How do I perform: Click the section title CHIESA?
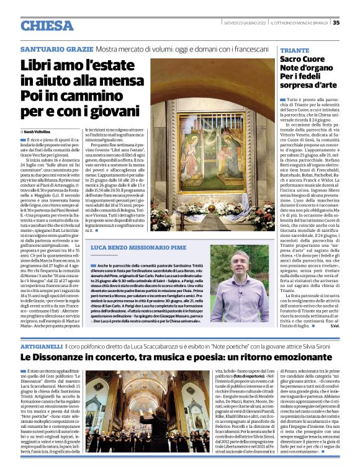(x=47, y=25)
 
